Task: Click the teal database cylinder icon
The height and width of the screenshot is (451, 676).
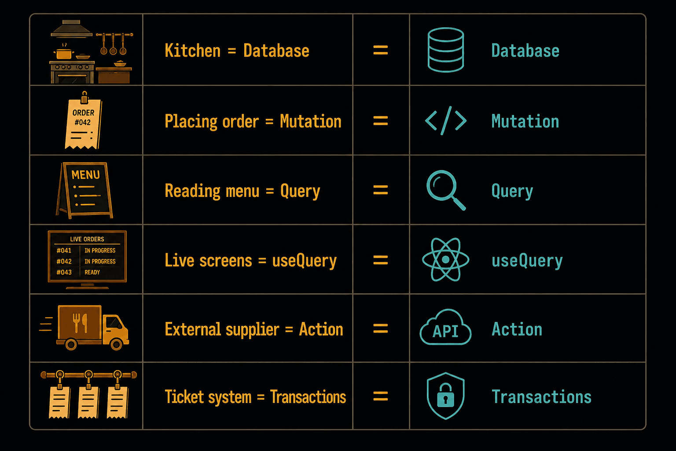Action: point(445,50)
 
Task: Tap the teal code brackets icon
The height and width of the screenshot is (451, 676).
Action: point(445,121)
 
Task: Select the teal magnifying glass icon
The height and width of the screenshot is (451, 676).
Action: point(445,190)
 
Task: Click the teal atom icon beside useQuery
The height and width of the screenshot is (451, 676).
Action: point(445,259)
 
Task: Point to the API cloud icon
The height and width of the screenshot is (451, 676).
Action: point(445,327)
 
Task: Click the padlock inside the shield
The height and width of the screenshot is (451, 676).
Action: point(445,396)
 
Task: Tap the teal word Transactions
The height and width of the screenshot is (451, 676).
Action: point(541,397)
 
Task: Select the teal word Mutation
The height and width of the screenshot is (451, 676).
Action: point(525,121)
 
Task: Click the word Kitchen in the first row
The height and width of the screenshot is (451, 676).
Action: point(192,51)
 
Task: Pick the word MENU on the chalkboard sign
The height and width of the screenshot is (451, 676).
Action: point(85,174)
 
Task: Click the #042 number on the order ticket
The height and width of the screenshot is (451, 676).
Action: point(82,122)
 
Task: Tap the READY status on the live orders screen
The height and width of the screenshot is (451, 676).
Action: point(92,272)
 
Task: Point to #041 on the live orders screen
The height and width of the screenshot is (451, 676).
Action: point(64,251)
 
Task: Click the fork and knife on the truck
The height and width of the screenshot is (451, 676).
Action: point(80,323)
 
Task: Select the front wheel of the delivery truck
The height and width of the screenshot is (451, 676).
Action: point(117,344)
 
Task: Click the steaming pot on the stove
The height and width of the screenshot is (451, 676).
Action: point(64,53)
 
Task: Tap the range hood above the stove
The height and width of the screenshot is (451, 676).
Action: point(71,28)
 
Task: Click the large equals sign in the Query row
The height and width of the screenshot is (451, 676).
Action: point(380,190)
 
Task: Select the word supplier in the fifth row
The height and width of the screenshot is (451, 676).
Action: point(252,329)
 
